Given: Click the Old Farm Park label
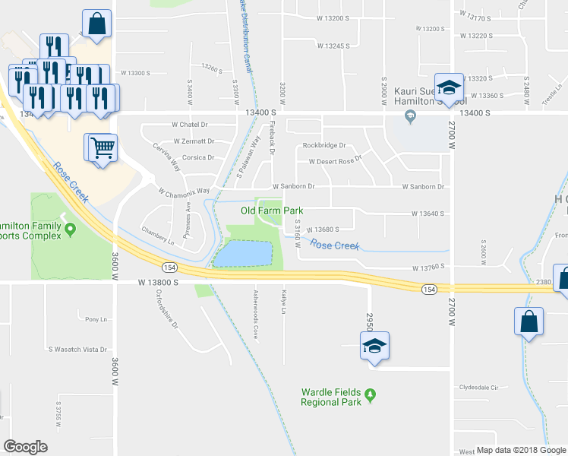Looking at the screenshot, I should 272,211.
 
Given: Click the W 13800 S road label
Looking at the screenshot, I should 158,281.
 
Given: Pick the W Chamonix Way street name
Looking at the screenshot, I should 184,191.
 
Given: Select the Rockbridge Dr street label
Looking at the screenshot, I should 323,145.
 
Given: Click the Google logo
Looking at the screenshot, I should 26,447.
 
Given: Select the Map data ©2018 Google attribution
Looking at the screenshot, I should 521,450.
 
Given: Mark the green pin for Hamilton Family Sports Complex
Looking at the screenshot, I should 71,228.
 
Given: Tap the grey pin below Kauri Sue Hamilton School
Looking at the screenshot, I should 411,116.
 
